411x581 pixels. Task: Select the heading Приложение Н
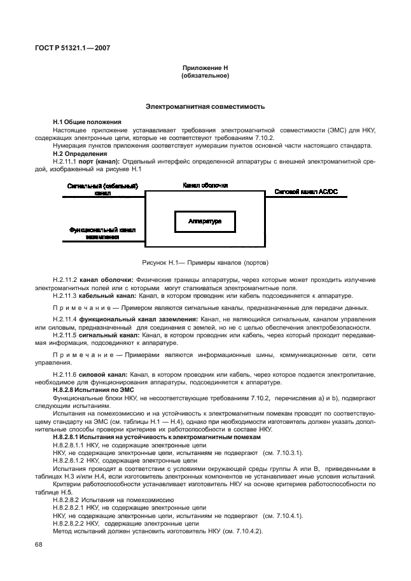pyautogui.click(x=205, y=67)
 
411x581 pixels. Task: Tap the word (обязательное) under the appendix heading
pyautogui.click(x=205, y=75)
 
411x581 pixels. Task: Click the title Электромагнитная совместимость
pyautogui.click(x=205, y=106)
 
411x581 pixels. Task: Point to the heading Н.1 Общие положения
pyautogui.click(x=87, y=122)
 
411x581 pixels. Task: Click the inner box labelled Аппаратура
pyautogui.click(x=205, y=221)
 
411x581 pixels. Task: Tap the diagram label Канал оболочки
pyautogui.click(x=205, y=185)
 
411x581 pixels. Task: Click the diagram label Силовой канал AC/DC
pyautogui.click(x=307, y=190)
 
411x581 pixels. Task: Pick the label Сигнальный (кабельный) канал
pyautogui.click(x=102, y=189)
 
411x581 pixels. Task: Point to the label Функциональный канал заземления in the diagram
pyautogui.click(x=102, y=233)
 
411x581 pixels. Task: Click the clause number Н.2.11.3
pyautogui.click(x=65, y=296)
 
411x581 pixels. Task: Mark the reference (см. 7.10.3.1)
pyautogui.click(x=282, y=452)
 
